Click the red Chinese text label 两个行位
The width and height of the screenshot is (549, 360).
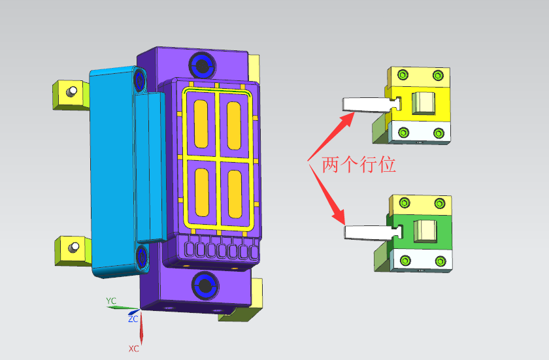pyautogui.click(x=358, y=165)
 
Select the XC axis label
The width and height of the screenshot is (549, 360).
pyautogui.click(x=133, y=349)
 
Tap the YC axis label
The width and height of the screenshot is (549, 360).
pyautogui.click(x=111, y=301)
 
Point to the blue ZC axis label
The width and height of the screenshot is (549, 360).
pyautogui.click(x=133, y=319)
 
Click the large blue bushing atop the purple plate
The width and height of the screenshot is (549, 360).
pyautogui.click(x=201, y=65)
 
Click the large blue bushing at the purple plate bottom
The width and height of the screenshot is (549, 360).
pyautogui.click(x=205, y=285)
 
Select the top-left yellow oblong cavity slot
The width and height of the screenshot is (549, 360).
pyautogui.click(x=201, y=123)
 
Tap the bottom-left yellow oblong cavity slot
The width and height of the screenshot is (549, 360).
pyautogui.click(x=201, y=193)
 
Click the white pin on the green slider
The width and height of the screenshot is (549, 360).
pyautogui.click(x=367, y=231)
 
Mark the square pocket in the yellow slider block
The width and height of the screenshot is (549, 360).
pyautogui.click(x=424, y=102)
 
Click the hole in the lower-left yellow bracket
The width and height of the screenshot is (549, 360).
pyautogui.click(x=75, y=247)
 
